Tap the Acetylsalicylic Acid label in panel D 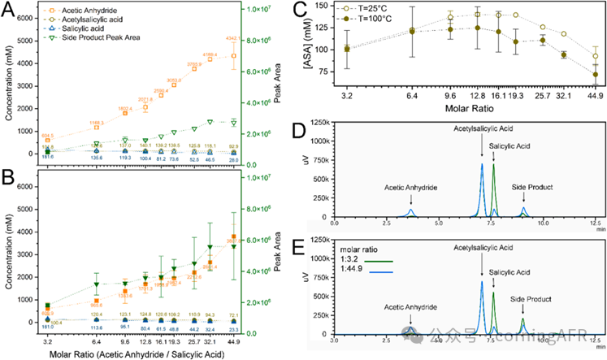[486, 128]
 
